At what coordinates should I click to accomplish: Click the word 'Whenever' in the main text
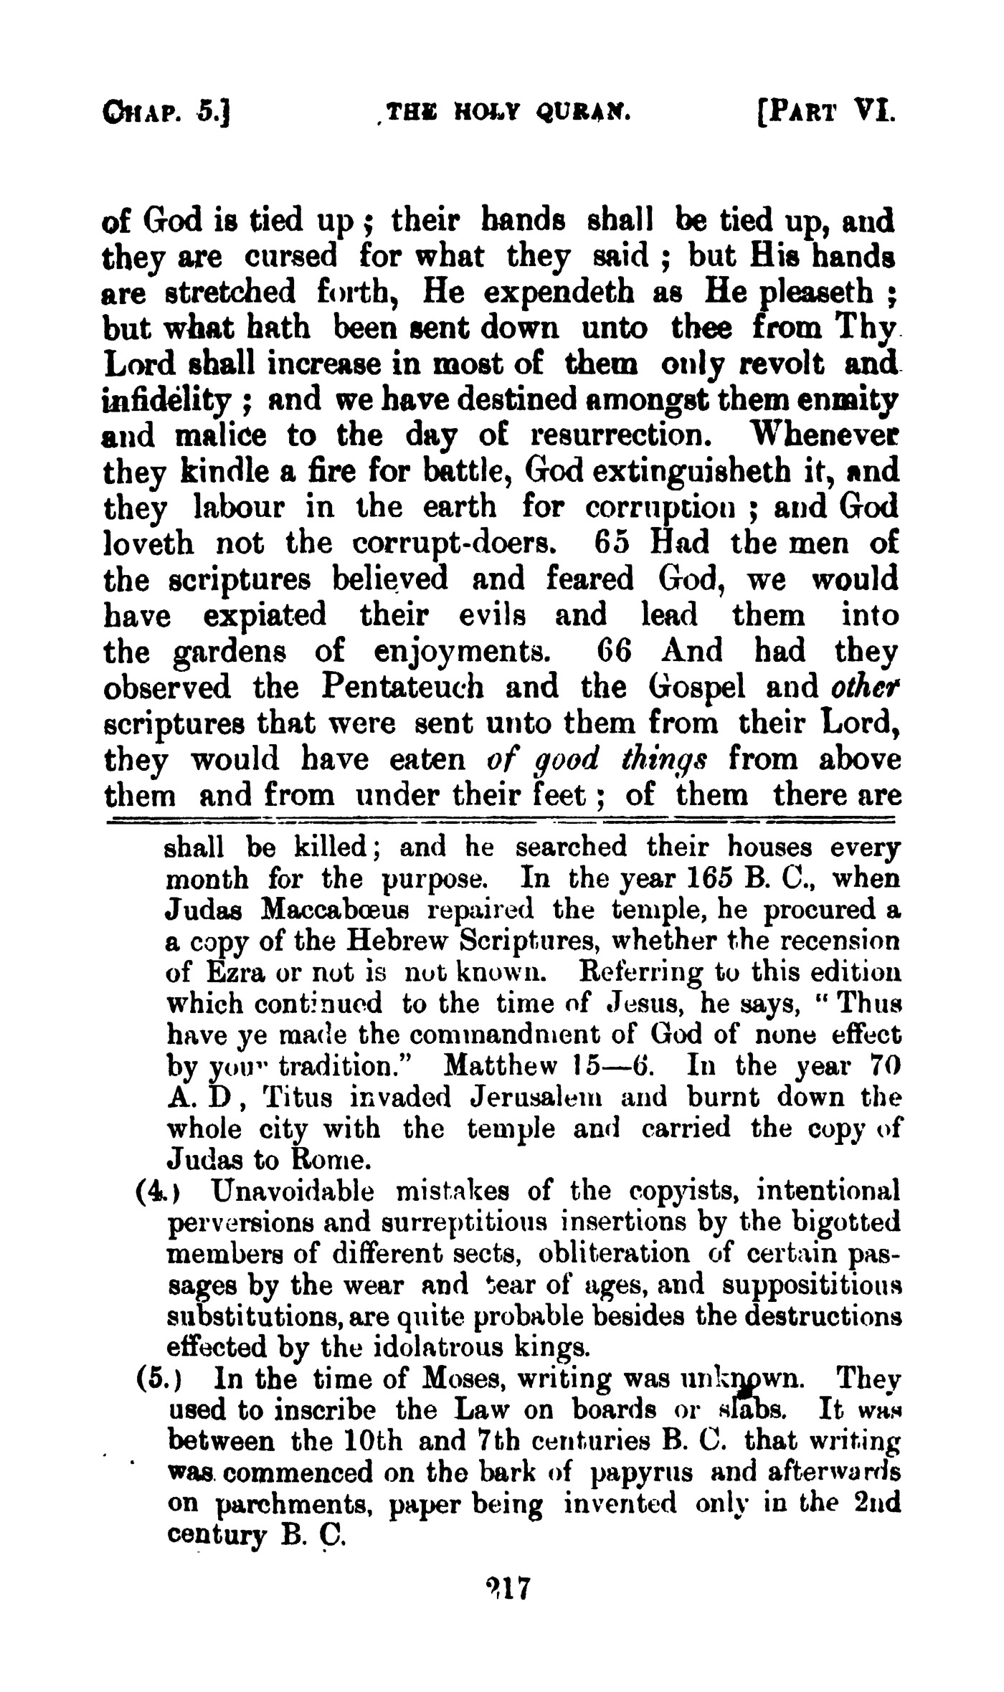pos(824,434)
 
